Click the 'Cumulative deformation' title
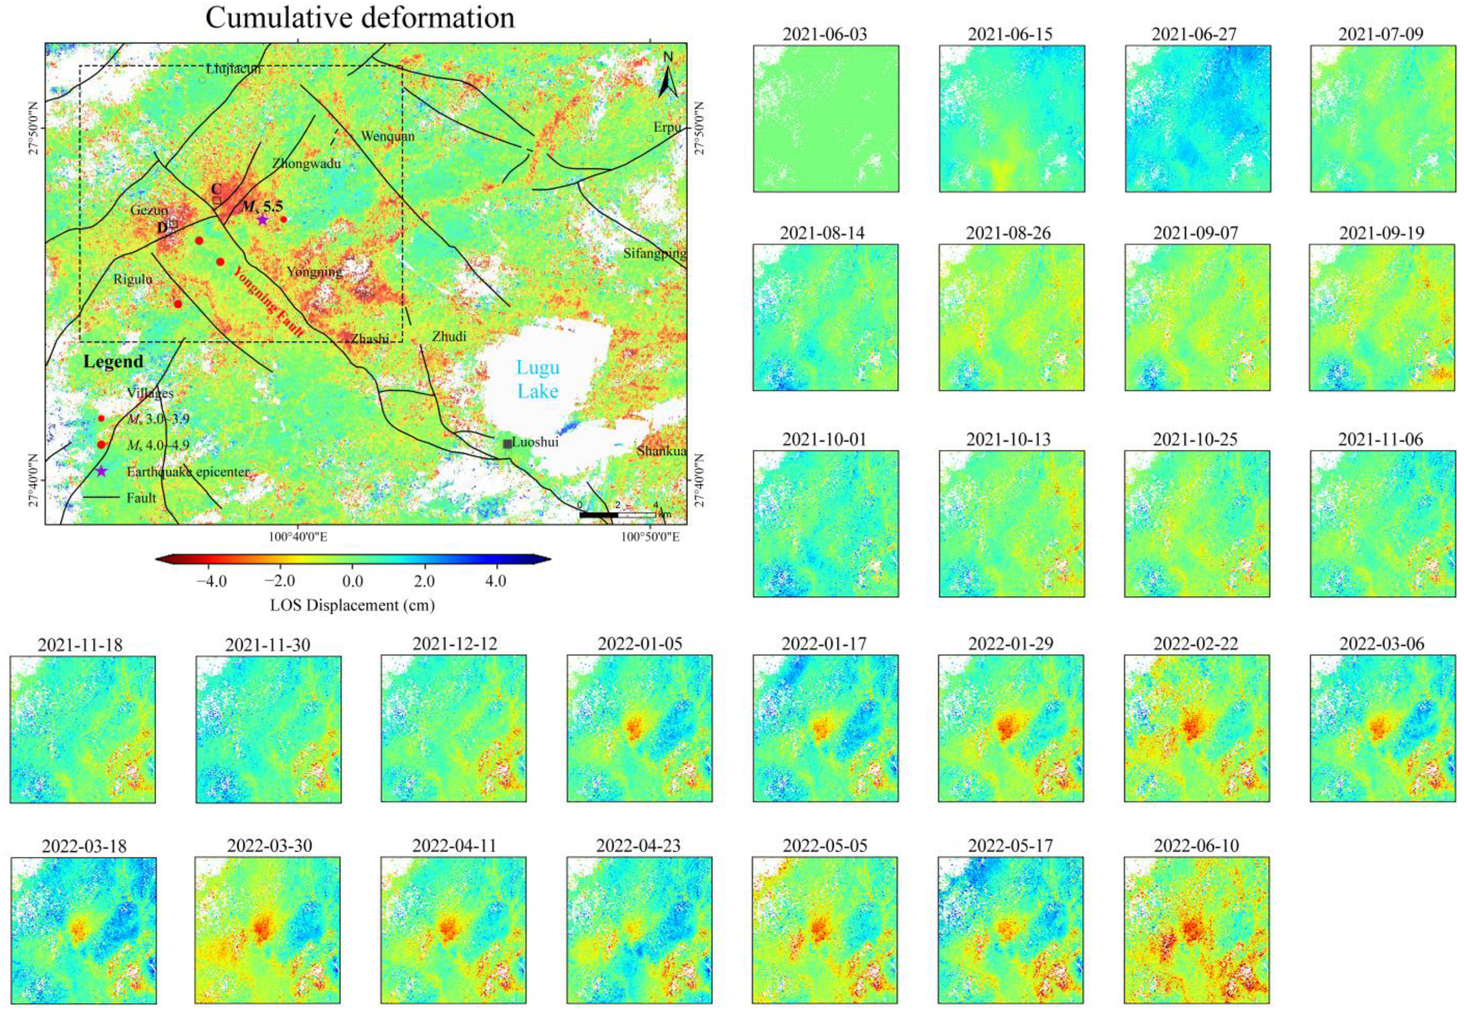click(x=360, y=18)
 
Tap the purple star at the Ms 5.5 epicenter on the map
click(x=262, y=220)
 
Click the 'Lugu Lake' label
click(x=537, y=379)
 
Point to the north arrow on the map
click(x=667, y=77)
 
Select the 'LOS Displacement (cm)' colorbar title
click(x=352, y=605)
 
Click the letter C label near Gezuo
click(x=216, y=189)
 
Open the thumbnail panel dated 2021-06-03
click(x=825, y=118)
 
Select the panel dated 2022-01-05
click(x=639, y=728)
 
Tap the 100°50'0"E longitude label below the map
click(x=649, y=537)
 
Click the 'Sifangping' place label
click(x=654, y=254)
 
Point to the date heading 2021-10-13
click(x=1011, y=439)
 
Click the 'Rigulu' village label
click(x=133, y=279)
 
